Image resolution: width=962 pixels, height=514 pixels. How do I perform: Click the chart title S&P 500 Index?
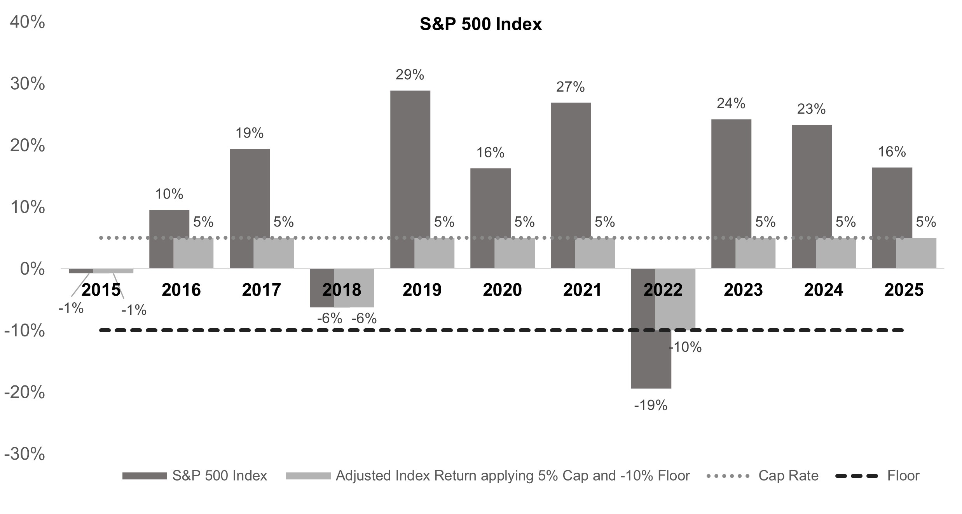[x=480, y=24]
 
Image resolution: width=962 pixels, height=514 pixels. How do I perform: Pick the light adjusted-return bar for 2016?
[x=193, y=253]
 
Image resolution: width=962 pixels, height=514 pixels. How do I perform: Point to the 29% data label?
[x=410, y=75]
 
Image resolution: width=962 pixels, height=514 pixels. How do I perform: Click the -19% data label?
[x=651, y=406]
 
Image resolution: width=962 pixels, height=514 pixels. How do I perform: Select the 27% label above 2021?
[x=570, y=87]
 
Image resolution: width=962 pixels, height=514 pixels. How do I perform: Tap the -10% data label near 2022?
[x=685, y=347]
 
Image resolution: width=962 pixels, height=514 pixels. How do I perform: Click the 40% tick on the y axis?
[x=27, y=22]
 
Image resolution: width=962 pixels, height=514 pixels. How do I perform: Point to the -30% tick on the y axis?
[x=24, y=454]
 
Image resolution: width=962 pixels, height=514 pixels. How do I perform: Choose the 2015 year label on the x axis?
[x=101, y=290]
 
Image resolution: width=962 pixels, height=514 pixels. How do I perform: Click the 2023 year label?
[x=743, y=290]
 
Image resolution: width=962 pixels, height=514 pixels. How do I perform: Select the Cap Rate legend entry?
[x=788, y=476]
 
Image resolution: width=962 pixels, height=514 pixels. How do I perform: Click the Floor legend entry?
[x=903, y=476]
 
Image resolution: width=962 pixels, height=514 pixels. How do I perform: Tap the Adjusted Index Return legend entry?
[x=512, y=476]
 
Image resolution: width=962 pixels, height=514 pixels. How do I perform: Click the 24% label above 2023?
[x=731, y=103]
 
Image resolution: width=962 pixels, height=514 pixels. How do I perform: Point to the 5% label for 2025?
[x=926, y=222]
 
